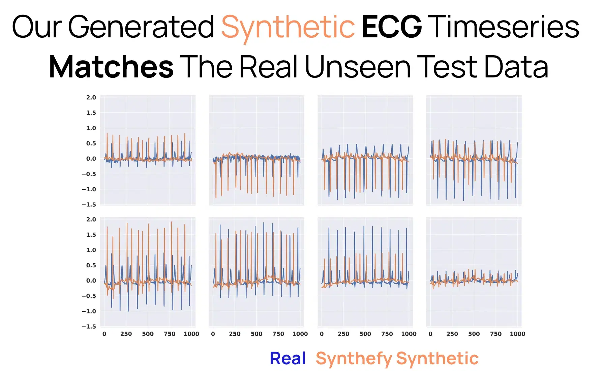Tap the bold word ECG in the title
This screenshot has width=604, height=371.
pyautogui.click(x=391, y=27)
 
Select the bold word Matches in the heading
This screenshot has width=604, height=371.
pyautogui.click(x=111, y=67)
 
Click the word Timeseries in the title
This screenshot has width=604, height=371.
pyautogui.click(x=505, y=27)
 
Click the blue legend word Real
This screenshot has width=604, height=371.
pyautogui.click(x=288, y=358)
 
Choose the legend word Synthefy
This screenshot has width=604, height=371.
pyautogui.click(x=354, y=359)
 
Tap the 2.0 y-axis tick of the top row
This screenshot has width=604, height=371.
pyautogui.click(x=91, y=97)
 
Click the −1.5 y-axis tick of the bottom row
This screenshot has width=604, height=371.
pyautogui.click(x=89, y=327)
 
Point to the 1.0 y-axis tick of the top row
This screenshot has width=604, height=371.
pyautogui.click(x=91, y=128)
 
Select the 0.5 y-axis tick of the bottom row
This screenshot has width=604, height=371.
pyautogui.click(x=91, y=265)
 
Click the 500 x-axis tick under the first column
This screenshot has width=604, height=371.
pyautogui.click(x=148, y=334)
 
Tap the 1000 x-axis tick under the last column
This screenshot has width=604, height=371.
pyautogui.click(x=517, y=334)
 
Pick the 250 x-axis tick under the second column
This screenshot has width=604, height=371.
pyautogui.click(x=235, y=334)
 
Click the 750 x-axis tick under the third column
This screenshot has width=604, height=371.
pyautogui.click(x=387, y=334)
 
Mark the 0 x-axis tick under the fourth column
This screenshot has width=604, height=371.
pyautogui.click(x=430, y=334)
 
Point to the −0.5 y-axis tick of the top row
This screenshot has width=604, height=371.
pyautogui.click(x=89, y=174)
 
